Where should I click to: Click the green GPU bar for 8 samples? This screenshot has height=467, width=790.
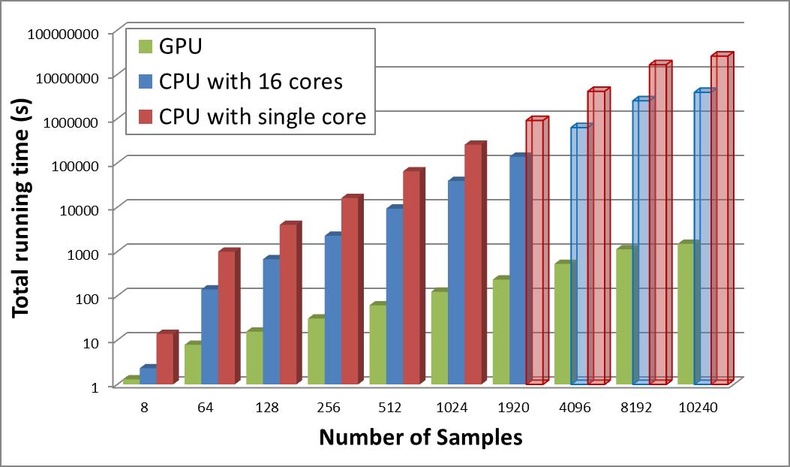(131, 381)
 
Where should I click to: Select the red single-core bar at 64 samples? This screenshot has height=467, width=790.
(227, 317)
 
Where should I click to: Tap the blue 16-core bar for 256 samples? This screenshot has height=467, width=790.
(333, 310)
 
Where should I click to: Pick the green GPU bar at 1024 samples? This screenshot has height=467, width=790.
(439, 338)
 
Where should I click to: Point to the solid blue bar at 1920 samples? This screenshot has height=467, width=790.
(518, 270)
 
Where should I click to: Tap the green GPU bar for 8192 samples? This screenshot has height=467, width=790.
(624, 316)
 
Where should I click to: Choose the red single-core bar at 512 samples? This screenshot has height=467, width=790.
(411, 278)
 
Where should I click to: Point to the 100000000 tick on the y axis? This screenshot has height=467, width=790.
(70, 34)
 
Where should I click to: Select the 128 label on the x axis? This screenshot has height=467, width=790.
(267, 408)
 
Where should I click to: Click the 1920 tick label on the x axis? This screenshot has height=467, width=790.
(513, 408)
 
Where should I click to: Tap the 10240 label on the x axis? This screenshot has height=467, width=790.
(698, 408)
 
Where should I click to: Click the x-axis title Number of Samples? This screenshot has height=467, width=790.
(420, 437)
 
